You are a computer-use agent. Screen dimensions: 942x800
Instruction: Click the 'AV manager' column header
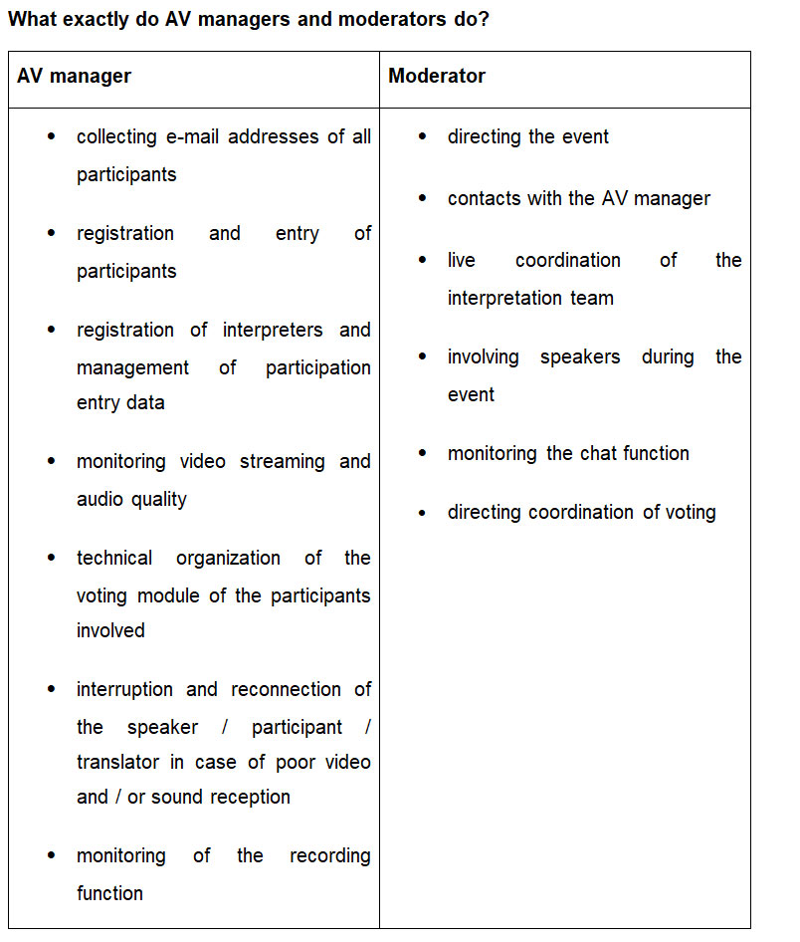[74, 77]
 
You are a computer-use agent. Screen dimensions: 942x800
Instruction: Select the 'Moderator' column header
[437, 77]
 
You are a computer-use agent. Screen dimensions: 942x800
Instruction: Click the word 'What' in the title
[34, 19]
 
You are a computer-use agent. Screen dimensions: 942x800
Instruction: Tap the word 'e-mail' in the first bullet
[190, 136]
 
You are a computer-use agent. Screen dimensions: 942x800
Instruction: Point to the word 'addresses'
[272, 136]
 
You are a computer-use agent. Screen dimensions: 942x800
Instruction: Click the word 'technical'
[114, 558]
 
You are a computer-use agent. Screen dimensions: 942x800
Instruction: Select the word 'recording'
[329, 855]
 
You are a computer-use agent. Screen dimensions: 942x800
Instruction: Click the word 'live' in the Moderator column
[462, 260]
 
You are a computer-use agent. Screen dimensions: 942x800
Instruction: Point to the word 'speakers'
[579, 356]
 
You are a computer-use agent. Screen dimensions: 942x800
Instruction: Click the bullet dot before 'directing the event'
[423, 137]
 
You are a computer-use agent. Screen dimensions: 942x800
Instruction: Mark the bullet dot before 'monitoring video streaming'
[52, 462]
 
